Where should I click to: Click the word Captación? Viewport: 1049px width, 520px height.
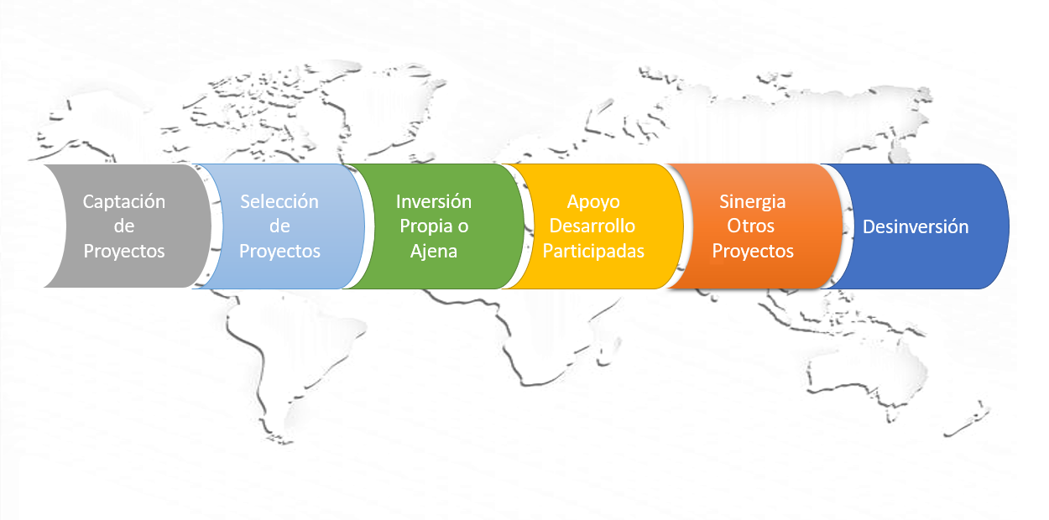(x=124, y=202)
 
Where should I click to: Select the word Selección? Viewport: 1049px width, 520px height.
(x=279, y=202)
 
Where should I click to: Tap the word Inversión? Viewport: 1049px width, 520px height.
(x=434, y=202)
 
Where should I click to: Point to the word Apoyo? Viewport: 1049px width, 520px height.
(x=593, y=203)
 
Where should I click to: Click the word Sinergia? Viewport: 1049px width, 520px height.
(x=753, y=203)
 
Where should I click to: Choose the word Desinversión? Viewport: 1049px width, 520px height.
(x=916, y=226)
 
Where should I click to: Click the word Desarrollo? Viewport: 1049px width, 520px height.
(x=592, y=226)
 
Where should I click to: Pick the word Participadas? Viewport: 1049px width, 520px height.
(x=593, y=252)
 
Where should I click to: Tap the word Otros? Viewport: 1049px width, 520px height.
(x=751, y=226)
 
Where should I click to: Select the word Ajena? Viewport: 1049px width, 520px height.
(x=434, y=252)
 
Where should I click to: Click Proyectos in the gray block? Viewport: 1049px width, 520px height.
(x=124, y=252)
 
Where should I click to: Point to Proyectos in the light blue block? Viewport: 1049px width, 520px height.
(x=279, y=252)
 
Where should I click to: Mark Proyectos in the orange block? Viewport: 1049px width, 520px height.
(x=753, y=252)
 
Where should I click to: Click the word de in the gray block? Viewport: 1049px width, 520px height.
(x=124, y=226)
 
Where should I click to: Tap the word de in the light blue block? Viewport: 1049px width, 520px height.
(x=279, y=226)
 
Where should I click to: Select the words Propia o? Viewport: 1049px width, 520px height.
(x=434, y=227)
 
